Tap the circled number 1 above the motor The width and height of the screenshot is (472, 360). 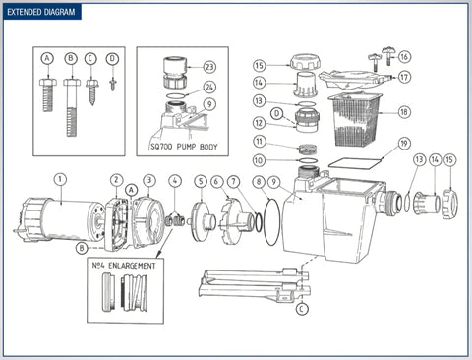click(x=60, y=179)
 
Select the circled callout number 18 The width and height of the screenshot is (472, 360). click(x=405, y=113)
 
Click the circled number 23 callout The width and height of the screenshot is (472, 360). click(x=209, y=66)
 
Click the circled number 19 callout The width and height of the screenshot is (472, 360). click(x=404, y=145)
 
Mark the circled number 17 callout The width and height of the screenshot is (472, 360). click(x=405, y=77)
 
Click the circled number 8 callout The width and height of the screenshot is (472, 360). click(x=258, y=181)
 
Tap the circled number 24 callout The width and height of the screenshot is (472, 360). click(x=209, y=87)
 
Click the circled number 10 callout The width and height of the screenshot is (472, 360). click(x=259, y=159)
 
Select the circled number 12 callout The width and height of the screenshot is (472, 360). click(x=259, y=124)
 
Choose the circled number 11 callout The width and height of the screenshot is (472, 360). click(x=259, y=142)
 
